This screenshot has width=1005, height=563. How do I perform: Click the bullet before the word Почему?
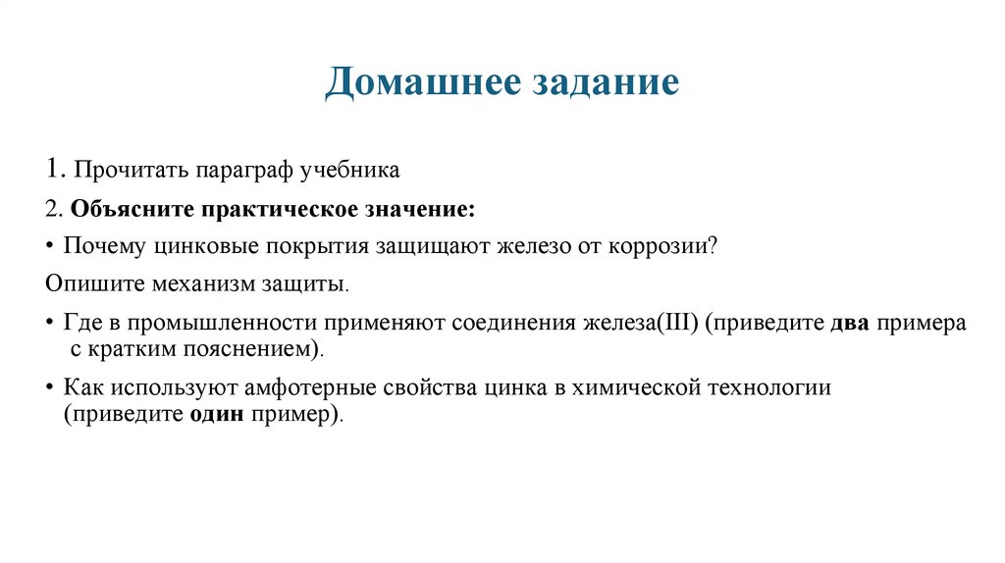pyautogui.click(x=50, y=246)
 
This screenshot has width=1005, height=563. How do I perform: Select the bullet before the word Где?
pyautogui.click(x=50, y=324)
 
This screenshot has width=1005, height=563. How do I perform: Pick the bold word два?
pyautogui.click(x=850, y=324)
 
